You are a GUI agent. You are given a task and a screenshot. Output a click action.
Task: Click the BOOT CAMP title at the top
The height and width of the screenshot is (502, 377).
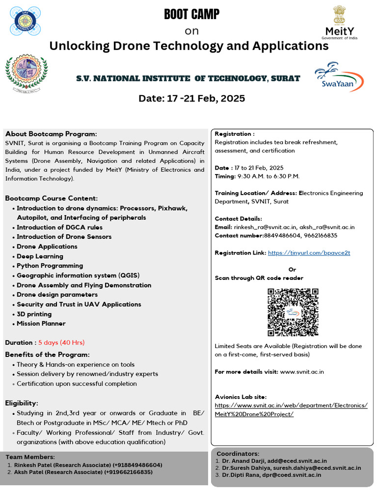[x=191, y=15]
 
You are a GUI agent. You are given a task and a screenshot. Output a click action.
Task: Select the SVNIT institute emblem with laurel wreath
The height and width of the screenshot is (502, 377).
[x=27, y=75]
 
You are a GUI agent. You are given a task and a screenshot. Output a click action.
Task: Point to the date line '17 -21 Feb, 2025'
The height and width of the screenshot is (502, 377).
[x=191, y=99]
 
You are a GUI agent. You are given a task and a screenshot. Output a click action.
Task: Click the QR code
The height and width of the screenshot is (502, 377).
[x=293, y=312]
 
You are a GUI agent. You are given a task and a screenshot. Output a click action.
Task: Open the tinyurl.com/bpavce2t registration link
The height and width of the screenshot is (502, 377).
[x=309, y=253]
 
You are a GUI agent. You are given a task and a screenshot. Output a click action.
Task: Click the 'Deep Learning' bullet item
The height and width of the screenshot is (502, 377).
[x=40, y=256]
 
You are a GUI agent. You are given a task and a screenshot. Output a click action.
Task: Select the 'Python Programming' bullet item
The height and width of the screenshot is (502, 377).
[x=50, y=266]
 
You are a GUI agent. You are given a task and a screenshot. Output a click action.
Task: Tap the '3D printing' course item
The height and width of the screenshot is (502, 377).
[x=34, y=314]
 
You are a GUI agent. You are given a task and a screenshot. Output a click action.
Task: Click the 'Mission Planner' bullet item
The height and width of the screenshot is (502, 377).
[x=41, y=324]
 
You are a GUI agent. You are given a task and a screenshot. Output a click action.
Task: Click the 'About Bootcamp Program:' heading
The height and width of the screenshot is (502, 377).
[x=51, y=134]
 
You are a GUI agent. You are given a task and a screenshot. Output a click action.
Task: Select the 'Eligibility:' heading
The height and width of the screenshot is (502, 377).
[x=22, y=403]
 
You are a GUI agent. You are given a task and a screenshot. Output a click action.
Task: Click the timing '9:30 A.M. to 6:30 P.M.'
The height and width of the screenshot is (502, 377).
[x=275, y=176]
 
